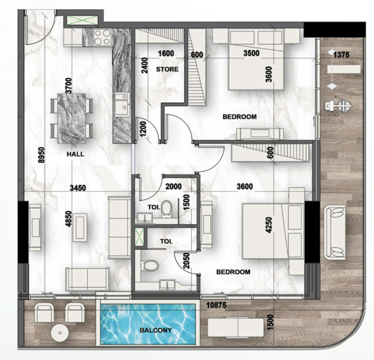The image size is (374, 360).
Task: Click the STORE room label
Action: (167, 69)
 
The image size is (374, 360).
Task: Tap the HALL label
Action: (76, 154)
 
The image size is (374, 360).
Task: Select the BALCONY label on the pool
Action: (156, 330)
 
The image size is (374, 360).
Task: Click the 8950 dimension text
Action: (41, 155)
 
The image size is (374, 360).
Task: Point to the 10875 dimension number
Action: (216, 305)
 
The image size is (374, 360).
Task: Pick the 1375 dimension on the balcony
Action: (341, 55)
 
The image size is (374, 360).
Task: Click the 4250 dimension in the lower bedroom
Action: (269, 225)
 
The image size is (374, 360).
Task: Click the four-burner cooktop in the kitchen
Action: (102, 37)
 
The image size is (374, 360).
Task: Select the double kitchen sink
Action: (122, 105)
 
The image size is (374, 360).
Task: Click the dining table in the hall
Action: (72, 119)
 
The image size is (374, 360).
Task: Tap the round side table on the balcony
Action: (60, 333)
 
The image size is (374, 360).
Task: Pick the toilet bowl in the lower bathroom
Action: (150, 266)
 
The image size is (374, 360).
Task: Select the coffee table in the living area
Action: (80, 227)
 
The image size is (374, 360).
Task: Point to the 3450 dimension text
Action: (78, 188)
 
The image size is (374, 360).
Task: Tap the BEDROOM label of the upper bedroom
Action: (240, 117)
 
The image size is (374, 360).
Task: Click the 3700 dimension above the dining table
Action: (69, 85)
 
